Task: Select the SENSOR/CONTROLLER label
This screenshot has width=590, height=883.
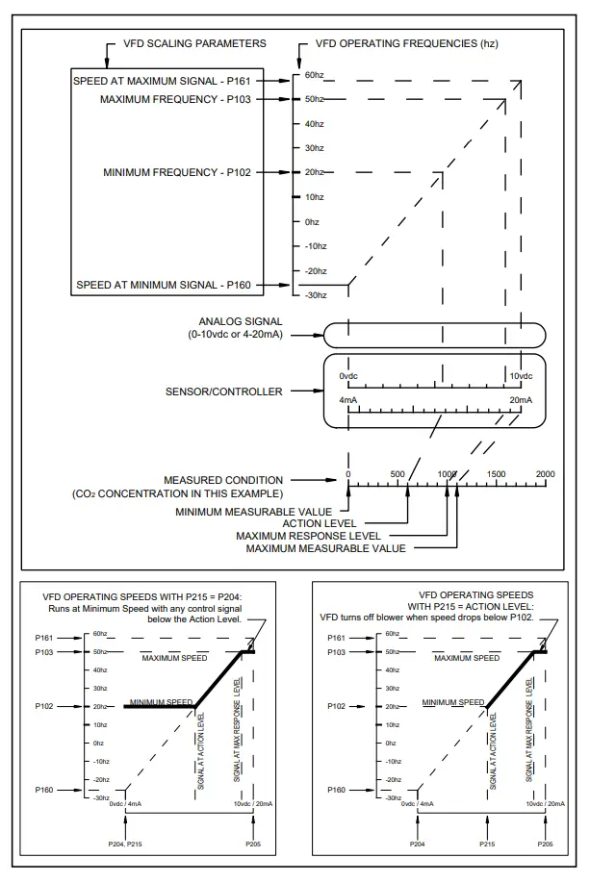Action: [224, 391]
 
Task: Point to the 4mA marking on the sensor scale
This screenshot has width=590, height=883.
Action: [348, 399]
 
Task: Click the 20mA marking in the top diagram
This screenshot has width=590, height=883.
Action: [521, 399]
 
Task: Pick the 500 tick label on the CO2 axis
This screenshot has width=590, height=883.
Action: [398, 474]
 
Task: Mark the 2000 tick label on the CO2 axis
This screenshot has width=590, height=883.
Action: [545, 474]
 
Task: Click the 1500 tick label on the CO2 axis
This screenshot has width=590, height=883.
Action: [496, 474]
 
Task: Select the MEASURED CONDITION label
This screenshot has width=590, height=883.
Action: [223, 480]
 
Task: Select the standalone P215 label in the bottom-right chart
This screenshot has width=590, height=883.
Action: [490, 844]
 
